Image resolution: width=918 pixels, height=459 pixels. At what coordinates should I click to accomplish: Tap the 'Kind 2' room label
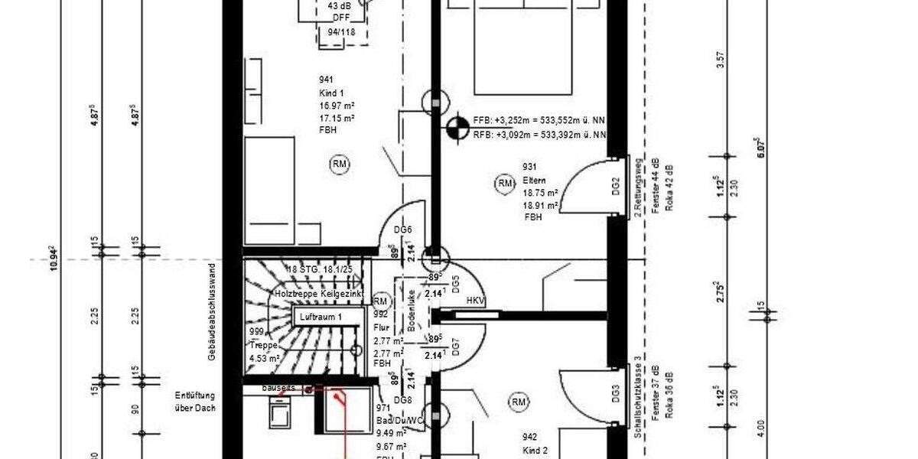coord(535,451)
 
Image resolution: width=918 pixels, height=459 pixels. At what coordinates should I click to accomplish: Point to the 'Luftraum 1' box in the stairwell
coord(321,316)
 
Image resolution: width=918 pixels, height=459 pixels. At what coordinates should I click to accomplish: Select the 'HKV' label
coord(477,301)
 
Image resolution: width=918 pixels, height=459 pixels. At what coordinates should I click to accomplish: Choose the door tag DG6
coord(403,230)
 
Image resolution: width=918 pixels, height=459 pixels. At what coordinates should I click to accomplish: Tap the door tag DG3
coord(616,393)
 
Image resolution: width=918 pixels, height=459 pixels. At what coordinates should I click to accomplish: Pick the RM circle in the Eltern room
coord(504,183)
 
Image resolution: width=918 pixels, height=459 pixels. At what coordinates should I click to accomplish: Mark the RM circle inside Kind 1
coord(339,163)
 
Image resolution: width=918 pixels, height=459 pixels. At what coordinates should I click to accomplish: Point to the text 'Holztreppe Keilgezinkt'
coord(315,294)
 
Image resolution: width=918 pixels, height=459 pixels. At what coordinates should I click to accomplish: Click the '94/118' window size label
coord(342,32)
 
